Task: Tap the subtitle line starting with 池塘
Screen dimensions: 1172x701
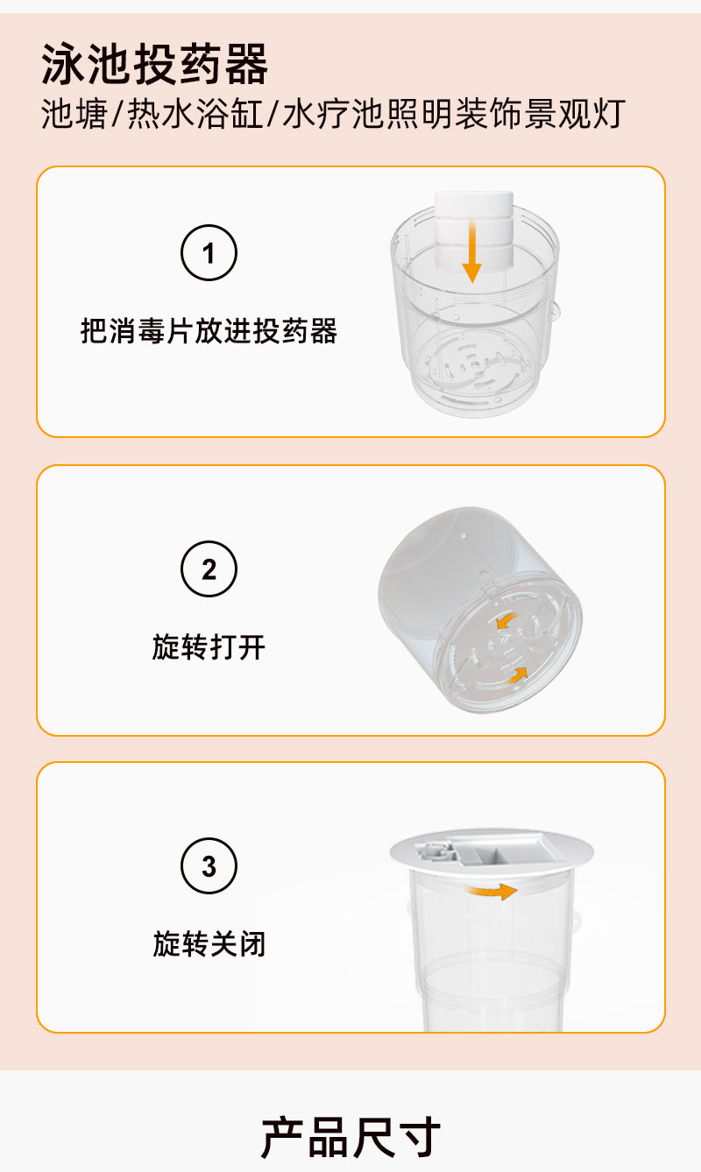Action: [x=332, y=115]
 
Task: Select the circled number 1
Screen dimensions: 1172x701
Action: [x=209, y=254]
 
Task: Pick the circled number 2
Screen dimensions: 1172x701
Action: [x=209, y=569]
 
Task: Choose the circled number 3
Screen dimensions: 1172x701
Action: [x=209, y=866]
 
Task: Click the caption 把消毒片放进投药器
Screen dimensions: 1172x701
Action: [x=209, y=332]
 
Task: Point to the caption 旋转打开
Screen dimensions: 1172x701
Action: [x=209, y=647]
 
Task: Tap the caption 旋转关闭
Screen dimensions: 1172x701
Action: [x=209, y=944]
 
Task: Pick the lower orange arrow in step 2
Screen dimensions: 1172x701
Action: [x=518, y=675]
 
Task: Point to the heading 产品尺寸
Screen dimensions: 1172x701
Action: [x=350, y=1136]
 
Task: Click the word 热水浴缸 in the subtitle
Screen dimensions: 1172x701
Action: [x=196, y=115]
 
